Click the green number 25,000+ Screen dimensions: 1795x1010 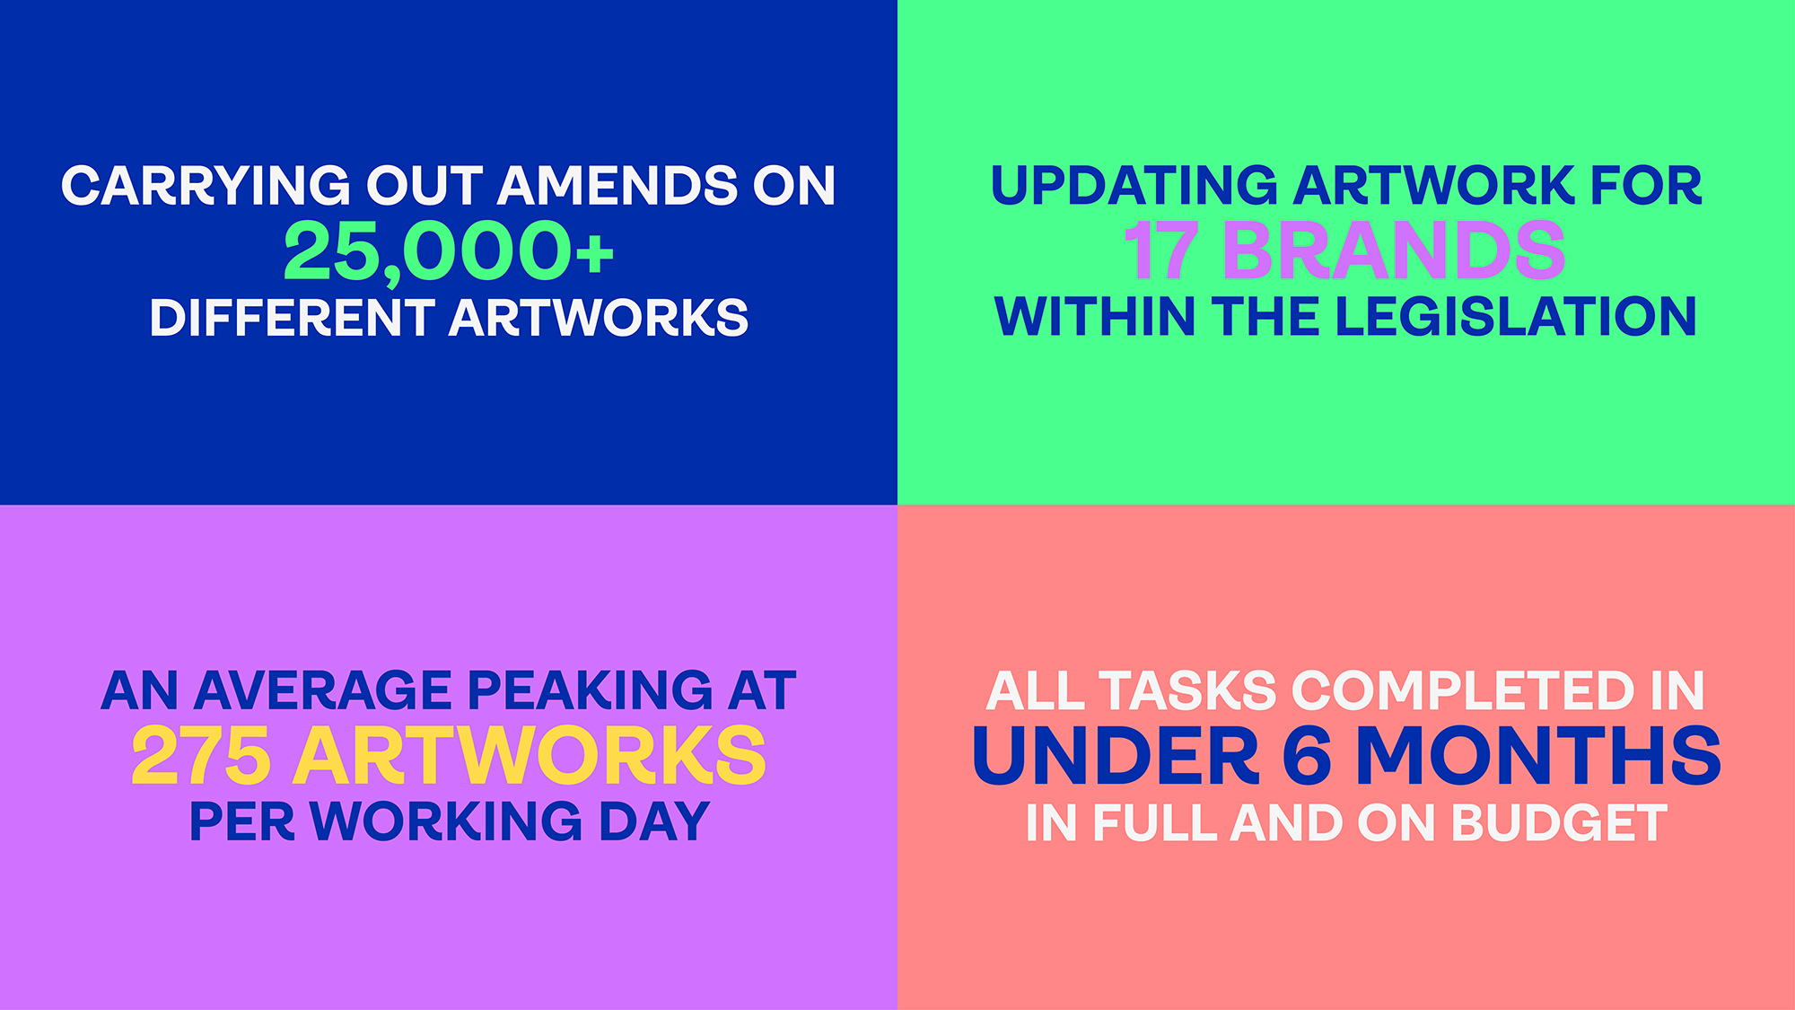point(449,252)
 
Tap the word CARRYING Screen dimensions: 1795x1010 point(206,186)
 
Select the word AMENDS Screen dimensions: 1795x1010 point(617,186)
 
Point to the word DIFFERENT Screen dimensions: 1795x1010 point(293,318)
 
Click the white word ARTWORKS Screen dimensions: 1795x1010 point(599,318)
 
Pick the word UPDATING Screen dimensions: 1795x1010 point(1134,186)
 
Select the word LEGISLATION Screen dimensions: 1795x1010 point(1516,317)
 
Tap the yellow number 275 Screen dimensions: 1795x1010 point(201,756)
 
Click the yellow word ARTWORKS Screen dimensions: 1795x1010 point(530,756)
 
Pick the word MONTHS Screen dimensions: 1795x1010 point(1538,756)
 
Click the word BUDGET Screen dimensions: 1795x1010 point(1560,822)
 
